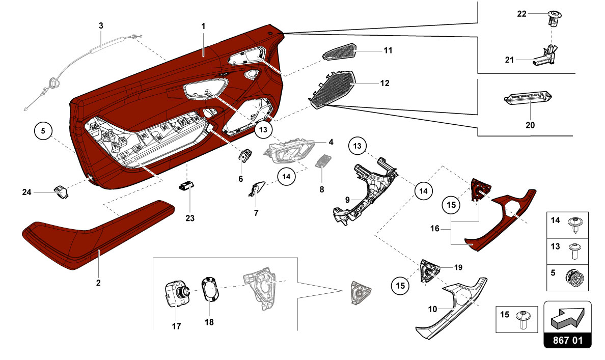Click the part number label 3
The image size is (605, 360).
[x=100, y=25]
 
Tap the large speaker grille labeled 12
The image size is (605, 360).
[x=334, y=87]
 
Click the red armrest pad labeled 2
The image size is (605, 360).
[x=97, y=232]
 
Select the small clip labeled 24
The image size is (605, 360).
[x=61, y=191]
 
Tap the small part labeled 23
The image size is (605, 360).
[x=187, y=186]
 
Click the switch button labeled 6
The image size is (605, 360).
[x=245, y=156]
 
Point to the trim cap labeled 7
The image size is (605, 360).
[x=255, y=189]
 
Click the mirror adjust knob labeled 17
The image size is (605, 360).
[x=176, y=294]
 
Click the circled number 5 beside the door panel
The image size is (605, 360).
[x=43, y=131]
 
